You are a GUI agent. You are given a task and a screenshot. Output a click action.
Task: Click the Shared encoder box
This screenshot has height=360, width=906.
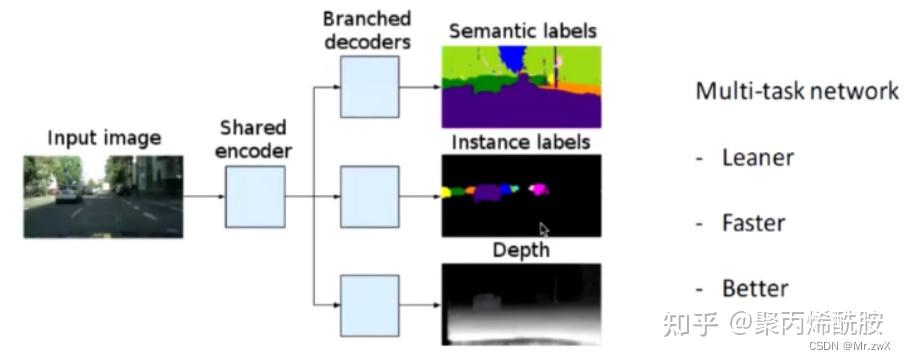point(254,194)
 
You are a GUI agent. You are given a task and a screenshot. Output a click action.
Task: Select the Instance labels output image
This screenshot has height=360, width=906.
point(521,194)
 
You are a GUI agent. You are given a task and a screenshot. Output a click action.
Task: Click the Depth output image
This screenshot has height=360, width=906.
point(521,303)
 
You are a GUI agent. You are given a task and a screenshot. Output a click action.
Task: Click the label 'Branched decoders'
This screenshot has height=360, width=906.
point(368,30)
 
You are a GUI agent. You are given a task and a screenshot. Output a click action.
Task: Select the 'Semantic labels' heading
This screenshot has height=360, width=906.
point(522,31)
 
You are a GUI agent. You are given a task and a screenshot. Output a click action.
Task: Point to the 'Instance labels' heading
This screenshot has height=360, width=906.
point(521,142)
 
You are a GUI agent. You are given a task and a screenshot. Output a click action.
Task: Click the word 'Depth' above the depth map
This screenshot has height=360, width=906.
point(521,250)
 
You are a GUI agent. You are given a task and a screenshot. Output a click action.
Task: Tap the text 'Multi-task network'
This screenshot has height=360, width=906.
point(797,92)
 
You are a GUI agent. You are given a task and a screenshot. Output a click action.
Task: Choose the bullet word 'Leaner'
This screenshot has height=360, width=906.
point(757,158)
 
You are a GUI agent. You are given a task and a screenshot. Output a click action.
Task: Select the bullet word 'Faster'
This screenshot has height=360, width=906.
point(753,224)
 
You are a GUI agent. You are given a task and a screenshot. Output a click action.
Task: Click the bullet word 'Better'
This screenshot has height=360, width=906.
point(754,289)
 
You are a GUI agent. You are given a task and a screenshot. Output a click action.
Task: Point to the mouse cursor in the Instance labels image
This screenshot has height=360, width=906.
point(544,229)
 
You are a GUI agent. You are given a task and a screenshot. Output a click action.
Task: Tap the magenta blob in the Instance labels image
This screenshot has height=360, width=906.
point(538,187)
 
